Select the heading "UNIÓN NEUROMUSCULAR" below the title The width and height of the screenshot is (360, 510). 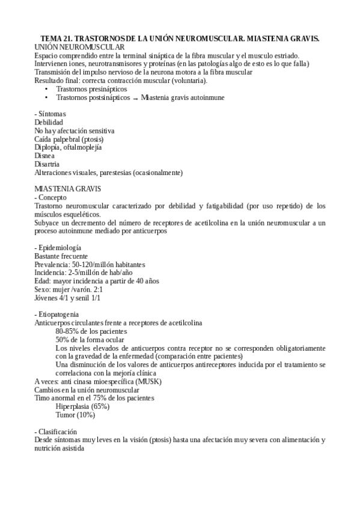[80, 47]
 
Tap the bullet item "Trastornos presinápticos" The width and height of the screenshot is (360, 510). [91, 89]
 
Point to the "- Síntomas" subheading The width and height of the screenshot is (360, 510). [50, 114]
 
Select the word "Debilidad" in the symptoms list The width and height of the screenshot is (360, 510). [49, 122]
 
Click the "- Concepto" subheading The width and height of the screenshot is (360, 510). [51, 197]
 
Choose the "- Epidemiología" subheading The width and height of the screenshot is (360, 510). [58, 248]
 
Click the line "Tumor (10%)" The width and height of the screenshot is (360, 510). [75, 415]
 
